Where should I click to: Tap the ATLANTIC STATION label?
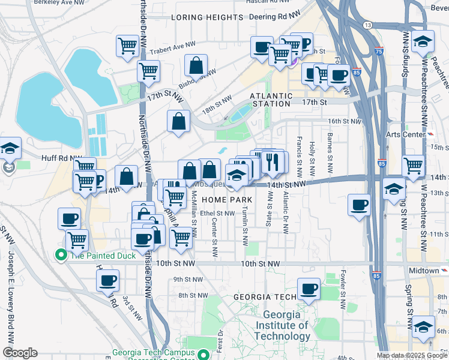pos(271,100)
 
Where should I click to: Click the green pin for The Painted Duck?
pos(61,255)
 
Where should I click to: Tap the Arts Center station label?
pos(405,134)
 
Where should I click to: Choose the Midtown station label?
pos(424,271)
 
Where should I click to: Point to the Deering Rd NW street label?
pos(274,17)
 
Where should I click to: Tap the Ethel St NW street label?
pos(218,213)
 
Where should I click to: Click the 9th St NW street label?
pos(186,280)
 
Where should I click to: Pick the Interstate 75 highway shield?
pos(378,52)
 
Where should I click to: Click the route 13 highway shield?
pos(367,25)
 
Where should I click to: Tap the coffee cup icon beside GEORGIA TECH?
pos(309,289)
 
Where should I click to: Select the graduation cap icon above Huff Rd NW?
pos(10,148)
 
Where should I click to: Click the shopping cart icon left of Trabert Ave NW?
pos(128,46)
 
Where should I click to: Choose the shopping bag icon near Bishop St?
pos(196,65)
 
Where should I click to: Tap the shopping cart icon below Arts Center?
pos(414,165)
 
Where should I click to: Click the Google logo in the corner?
pos(20,353)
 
